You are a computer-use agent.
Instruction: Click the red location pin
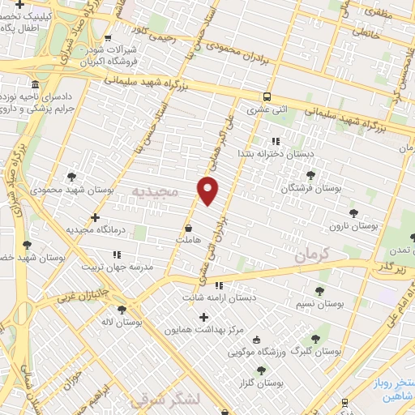[x=208, y=190]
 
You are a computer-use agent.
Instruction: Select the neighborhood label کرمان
[x=315, y=254]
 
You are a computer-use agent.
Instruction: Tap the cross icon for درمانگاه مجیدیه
[x=96, y=217]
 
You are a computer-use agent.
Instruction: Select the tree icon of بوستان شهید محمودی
[x=71, y=176]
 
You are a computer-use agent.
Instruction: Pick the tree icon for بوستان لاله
[x=122, y=309]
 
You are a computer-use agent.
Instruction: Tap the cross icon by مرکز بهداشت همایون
[x=203, y=316]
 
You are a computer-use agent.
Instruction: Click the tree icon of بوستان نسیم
[x=319, y=289]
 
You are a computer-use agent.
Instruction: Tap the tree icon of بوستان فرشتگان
[x=310, y=174]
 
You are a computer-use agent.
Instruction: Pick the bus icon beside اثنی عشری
[x=268, y=98]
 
